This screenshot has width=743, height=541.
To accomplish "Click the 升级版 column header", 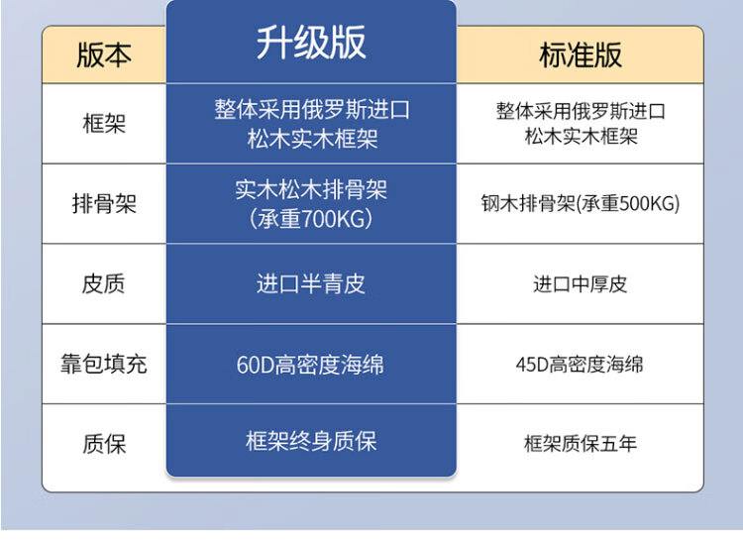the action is tap(311, 43).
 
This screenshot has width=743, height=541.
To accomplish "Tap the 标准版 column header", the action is tap(580, 54).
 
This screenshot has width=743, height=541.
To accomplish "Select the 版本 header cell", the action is tap(104, 54).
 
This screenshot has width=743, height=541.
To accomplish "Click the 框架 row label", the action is tap(104, 124).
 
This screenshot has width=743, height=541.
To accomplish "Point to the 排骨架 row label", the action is tap(104, 204).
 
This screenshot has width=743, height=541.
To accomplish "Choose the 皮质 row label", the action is tap(104, 284).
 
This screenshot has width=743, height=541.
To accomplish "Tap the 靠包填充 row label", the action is tap(104, 364).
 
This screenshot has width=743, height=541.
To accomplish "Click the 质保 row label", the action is tap(104, 444).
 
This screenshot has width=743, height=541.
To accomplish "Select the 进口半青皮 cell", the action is tap(311, 283).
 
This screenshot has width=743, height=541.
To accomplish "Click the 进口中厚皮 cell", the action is tap(580, 284).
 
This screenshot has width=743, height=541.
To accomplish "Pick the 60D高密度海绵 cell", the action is tap(310, 365).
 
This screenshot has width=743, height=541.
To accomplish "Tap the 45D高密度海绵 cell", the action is tap(580, 365).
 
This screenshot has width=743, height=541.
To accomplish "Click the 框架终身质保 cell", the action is tap(311, 441).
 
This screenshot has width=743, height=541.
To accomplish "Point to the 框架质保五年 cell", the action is tap(580, 444).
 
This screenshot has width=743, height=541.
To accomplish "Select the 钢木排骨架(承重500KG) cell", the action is tap(580, 203).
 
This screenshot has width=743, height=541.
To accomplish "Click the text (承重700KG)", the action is tap(311, 219).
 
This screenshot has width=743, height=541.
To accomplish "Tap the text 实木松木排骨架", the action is tap(311, 189).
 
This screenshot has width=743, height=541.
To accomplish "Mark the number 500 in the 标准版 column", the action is tap(634, 203).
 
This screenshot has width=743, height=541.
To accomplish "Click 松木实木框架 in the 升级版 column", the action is tap(312, 139).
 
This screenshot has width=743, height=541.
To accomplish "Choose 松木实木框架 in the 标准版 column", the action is tap(581, 137).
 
